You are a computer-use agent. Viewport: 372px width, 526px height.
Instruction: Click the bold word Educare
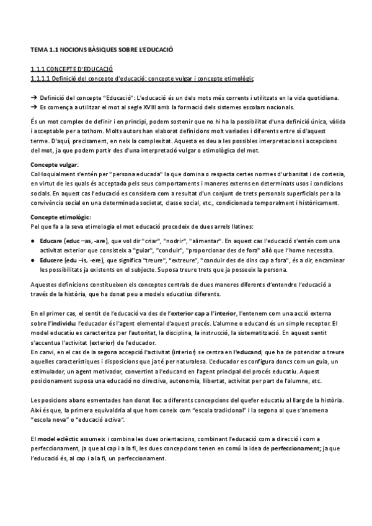pyautogui.click(x=50, y=239)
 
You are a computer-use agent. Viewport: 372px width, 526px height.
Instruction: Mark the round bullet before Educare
pyautogui.click(x=33, y=239)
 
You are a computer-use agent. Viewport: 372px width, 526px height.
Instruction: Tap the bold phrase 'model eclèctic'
pyautogui.click(x=61, y=439)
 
